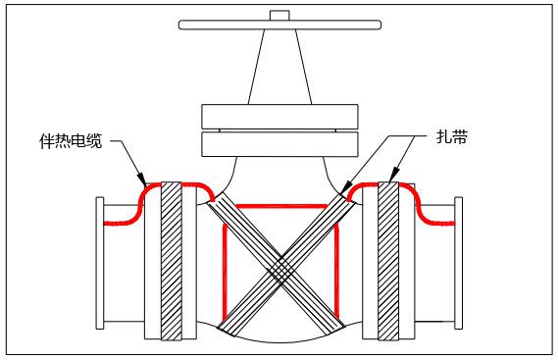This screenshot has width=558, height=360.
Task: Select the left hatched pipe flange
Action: point(172,261)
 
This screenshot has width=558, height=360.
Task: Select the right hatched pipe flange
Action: point(388,261)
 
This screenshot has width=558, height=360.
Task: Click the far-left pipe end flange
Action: point(100,261)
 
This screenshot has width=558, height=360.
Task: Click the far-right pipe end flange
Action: point(458,261)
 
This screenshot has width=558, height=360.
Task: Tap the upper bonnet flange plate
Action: point(279,116)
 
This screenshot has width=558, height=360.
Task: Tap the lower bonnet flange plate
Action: point(279,144)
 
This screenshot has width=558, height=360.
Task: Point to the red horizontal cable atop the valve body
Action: point(279,206)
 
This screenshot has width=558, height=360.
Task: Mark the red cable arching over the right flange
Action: point(388,183)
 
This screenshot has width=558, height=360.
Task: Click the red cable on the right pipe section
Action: point(436,222)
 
